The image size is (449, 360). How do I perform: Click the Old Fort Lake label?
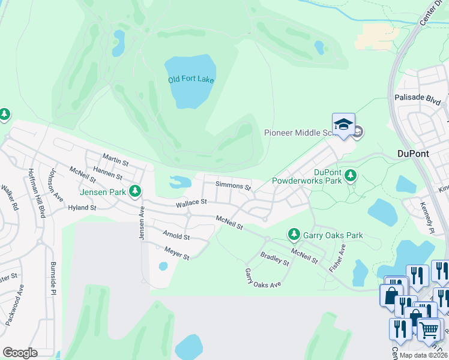click(x=191, y=79)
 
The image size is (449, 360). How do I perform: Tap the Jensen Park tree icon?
click(x=136, y=191)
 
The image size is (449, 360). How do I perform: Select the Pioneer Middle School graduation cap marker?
click(x=343, y=125)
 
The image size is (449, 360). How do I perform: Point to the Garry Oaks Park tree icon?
click(x=294, y=233)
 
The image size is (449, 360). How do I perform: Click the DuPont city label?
click(x=413, y=154)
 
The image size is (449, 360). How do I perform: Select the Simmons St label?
click(x=234, y=187)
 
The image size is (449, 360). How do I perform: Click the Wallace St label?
click(x=191, y=204)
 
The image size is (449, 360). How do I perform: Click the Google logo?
click(x=20, y=352)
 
